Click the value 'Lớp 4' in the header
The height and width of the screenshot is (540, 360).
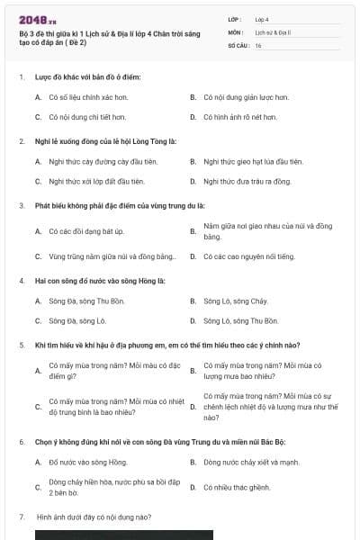pyautogui.click(x=262, y=18)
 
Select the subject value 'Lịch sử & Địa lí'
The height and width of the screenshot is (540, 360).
pyautogui.click(x=273, y=31)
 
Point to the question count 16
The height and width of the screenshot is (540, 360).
pyautogui.click(x=258, y=45)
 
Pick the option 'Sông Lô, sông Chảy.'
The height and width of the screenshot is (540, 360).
pyautogui.click(x=236, y=301)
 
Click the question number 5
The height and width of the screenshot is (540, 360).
pyautogui.click(x=22, y=345)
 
